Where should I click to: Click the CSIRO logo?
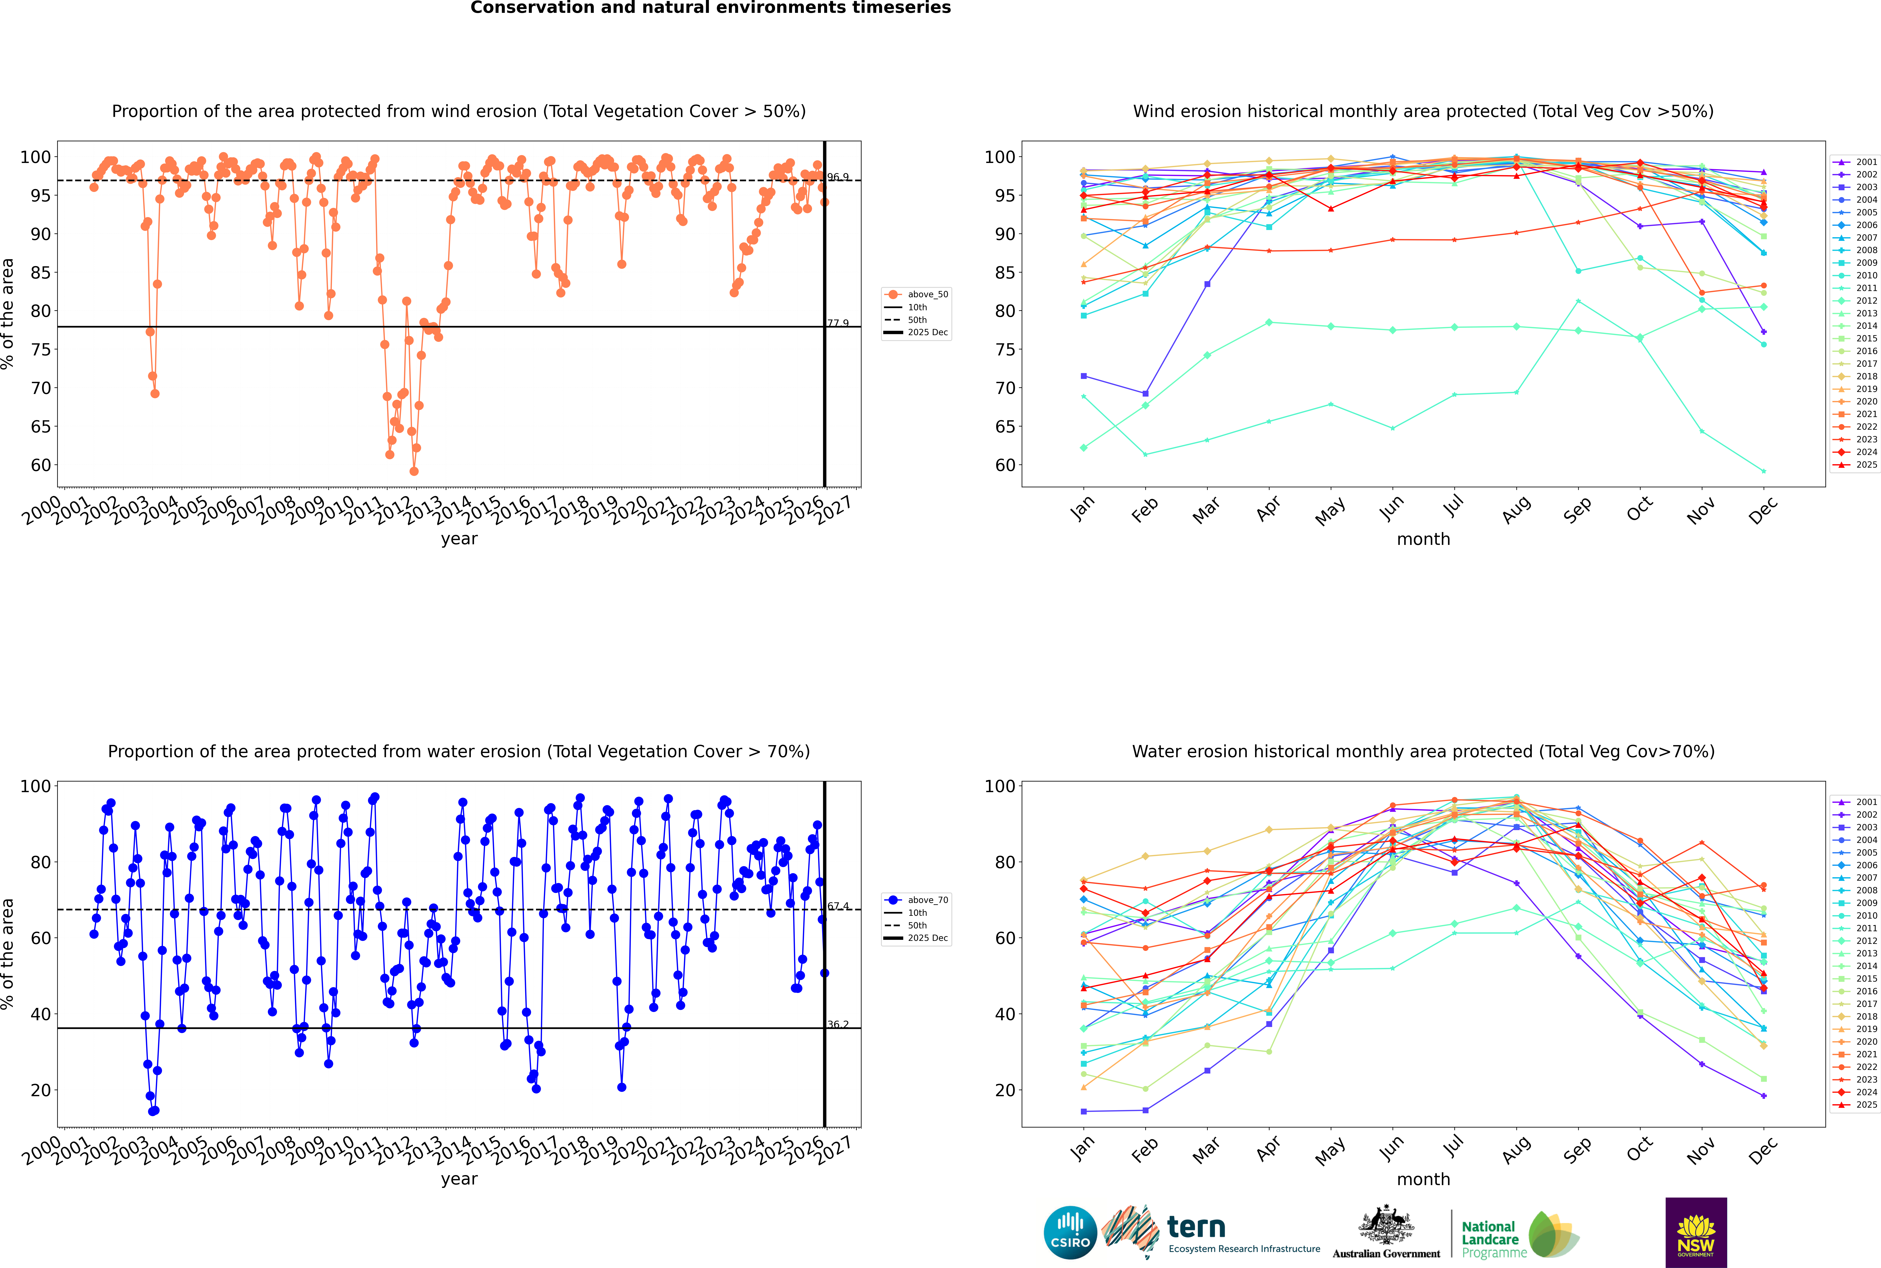coord(1070,1232)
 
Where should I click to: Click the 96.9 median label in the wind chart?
coord(838,177)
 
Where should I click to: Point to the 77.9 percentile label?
coord(838,324)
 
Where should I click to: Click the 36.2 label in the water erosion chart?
coord(838,1025)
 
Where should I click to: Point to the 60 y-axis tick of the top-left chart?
coord(40,465)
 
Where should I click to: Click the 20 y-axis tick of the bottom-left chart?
coord(40,1090)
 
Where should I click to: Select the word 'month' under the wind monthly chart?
coord(1423,539)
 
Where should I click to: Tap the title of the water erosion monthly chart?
coord(1423,751)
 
